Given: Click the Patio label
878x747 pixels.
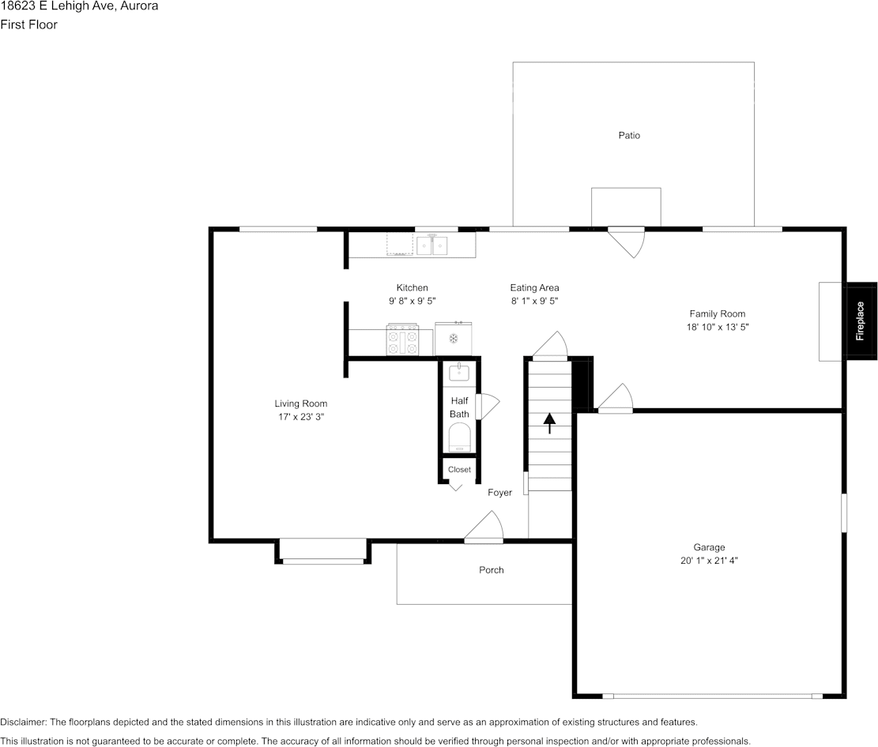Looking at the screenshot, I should pos(629,135).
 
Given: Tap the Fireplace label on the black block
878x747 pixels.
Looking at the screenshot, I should pos(861,321).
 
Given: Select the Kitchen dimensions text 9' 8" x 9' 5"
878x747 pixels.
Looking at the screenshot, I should pos(412,301).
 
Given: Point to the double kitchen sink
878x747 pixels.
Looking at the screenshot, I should pos(432,246).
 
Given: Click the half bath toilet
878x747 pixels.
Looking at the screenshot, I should pos(459,437).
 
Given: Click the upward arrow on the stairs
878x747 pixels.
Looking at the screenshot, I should pos(549,422).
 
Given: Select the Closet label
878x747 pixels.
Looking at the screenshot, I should pos(459,469).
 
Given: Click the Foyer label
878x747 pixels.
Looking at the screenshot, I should pos(499,493).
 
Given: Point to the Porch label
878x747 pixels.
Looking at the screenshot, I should pos(491,570).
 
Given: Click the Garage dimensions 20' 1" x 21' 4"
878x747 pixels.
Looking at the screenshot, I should pos(709,561).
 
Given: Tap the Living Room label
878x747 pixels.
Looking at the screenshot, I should pos(300,404).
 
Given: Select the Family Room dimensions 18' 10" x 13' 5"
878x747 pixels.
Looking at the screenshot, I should pos(717,326).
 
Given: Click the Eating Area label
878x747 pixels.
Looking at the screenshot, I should pos(534,288).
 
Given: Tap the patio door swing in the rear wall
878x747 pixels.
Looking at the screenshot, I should pos(627,241).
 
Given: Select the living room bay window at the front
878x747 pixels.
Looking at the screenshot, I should pos(323,552).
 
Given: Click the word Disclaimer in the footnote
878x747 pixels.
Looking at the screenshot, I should pos(23,722).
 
